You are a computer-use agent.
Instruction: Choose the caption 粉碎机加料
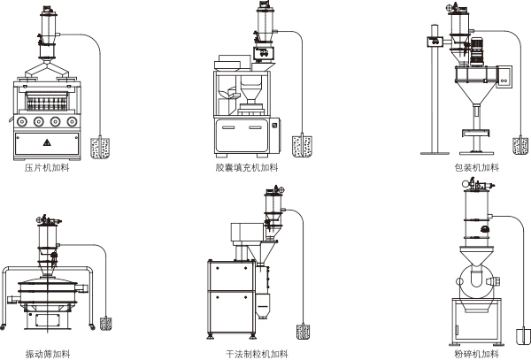(476, 354)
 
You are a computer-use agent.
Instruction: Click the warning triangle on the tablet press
(47, 142)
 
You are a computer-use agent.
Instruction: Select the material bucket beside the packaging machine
(519, 143)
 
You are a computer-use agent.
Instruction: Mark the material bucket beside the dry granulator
(304, 333)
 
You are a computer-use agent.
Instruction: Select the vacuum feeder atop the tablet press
(44, 26)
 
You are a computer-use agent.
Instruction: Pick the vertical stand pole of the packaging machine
(435, 97)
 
